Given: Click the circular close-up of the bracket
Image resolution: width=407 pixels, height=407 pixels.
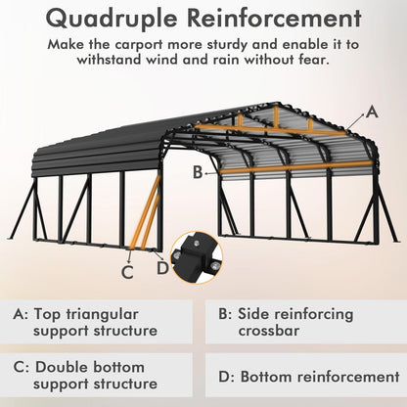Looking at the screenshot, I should click(x=197, y=256).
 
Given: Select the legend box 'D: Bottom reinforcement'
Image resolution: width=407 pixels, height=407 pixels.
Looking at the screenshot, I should click(x=305, y=376).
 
